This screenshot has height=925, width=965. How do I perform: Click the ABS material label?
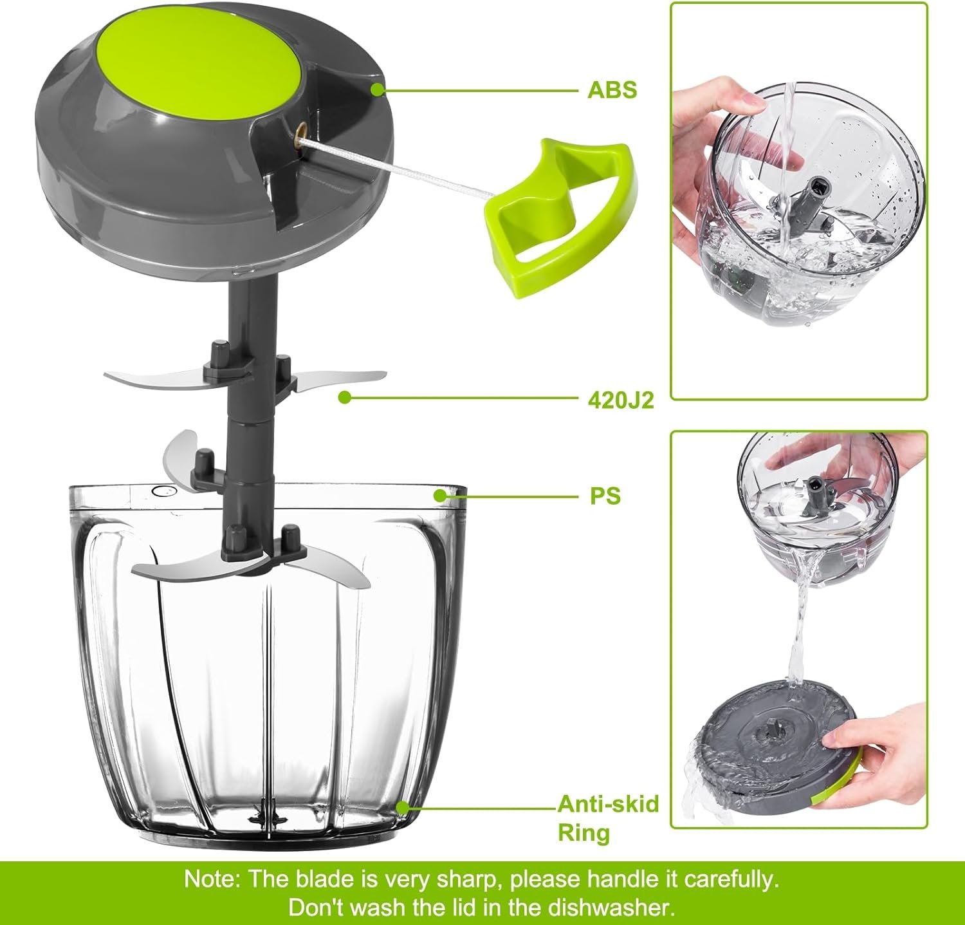tap(611, 89)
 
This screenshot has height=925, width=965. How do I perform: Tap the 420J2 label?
tap(620, 400)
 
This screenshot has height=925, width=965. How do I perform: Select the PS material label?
tap(605, 496)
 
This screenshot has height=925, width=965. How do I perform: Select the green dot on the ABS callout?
tap(378, 89)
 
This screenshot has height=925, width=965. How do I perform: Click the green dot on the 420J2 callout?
tap(345, 398)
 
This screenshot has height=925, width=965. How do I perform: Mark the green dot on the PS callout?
tap(440, 496)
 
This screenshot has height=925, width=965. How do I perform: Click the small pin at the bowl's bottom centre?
tap(264, 813)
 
